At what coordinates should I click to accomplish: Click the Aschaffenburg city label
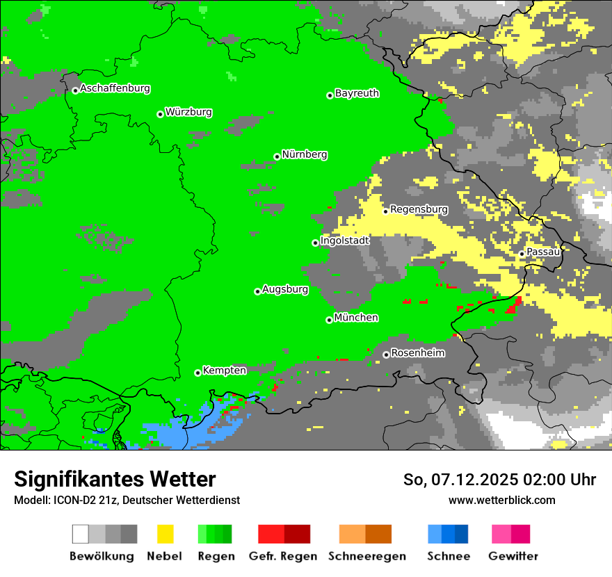click(x=115, y=88)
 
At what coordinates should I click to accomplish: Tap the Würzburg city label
click(x=188, y=112)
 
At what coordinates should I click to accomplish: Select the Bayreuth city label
click(x=357, y=93)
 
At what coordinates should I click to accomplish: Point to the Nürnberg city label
click(x=305, y=154)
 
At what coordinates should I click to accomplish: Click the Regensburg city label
click(x=419, y=209)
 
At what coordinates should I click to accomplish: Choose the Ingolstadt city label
click(x=345, y=241)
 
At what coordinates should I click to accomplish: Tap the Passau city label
click(x=544, y=252)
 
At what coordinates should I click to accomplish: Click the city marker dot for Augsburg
click(x=257, y=291)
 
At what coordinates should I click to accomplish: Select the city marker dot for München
click(x=329, y=320)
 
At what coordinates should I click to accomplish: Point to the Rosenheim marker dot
click(x=386, y=355)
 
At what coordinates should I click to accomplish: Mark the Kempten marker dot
click(x=198, y=373)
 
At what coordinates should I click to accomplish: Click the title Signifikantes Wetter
click(x=115, y=479)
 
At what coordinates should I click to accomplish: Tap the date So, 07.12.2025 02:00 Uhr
click(x=499, y=480)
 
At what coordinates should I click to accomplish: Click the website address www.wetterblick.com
click(x=501, y=500)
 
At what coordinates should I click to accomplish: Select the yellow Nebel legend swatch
click(x=165, y=534)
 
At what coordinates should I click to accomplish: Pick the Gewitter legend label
click(x=513, y=556)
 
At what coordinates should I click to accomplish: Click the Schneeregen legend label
click(x=367, y=556)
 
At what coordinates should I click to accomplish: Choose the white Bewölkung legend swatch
click(x=81, y=534)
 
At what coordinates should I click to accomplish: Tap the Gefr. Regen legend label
click(x=283, y=556)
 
